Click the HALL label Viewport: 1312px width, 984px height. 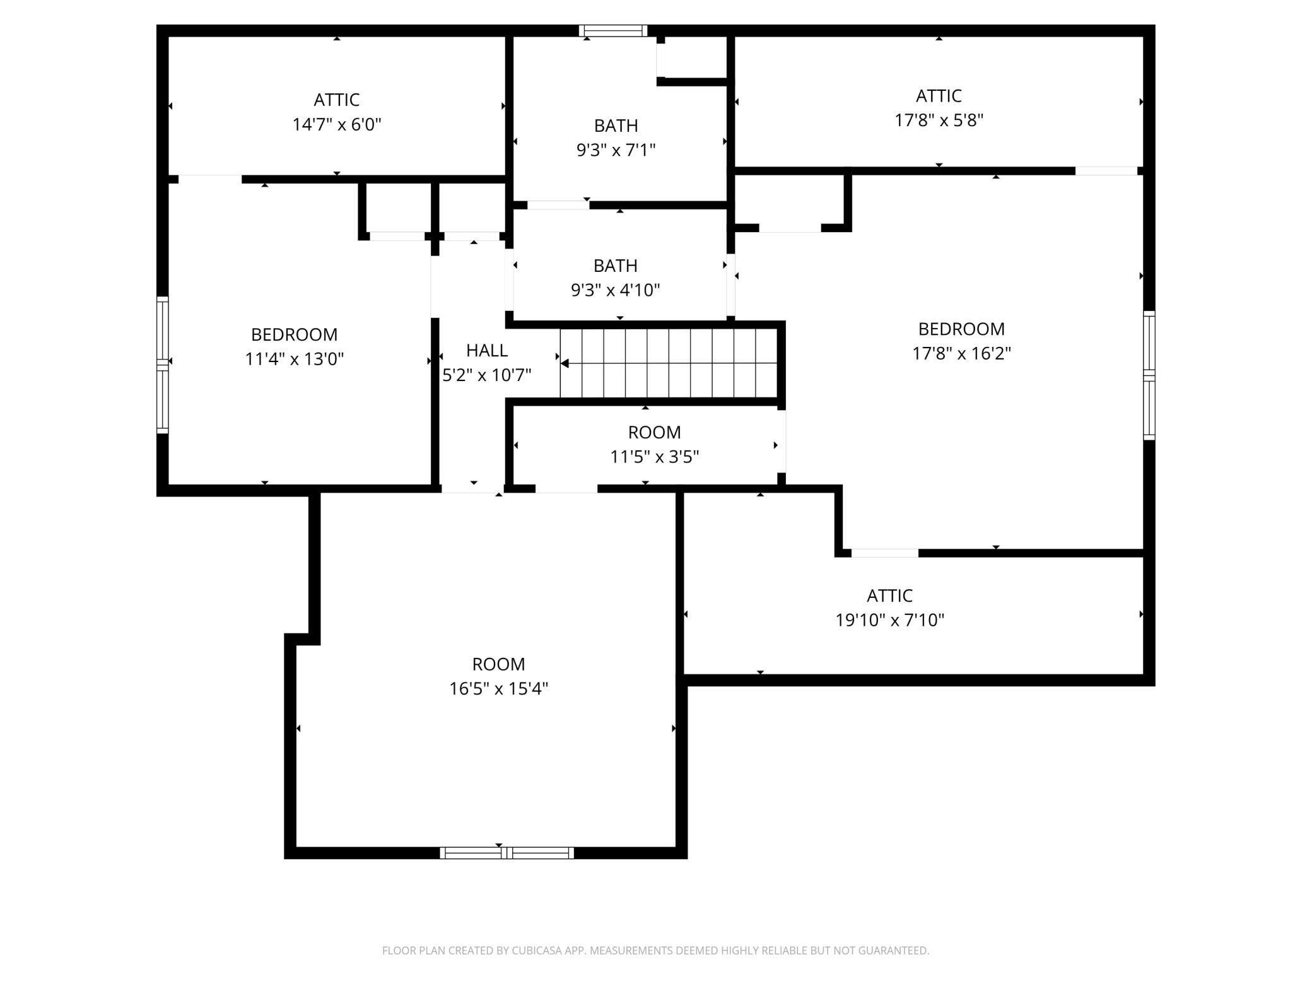point(486,350)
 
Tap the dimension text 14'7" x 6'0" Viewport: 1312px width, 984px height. point(337,124)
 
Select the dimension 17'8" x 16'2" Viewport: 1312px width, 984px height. point(961,353)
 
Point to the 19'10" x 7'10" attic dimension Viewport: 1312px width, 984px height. point(889,620)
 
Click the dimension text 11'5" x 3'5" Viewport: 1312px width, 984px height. point(654,456)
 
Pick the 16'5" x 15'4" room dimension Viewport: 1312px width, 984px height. point(498,688)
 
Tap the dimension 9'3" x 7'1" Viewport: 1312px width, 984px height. point(616,150)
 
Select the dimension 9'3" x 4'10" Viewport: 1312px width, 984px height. point(615,290)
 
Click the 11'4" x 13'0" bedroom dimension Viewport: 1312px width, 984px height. point(294,359)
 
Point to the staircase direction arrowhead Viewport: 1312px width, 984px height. point(565,363)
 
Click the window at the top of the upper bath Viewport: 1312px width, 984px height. point(613,30)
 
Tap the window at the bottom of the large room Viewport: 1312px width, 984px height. point(507,853)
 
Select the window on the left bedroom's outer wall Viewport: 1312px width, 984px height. point(163,365)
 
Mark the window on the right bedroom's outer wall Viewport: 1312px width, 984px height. point(1149,375)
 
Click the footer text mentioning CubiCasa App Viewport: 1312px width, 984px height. point(655,951)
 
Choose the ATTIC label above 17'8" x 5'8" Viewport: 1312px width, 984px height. point(939,96)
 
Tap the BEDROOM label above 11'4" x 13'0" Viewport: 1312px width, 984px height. point(294,334)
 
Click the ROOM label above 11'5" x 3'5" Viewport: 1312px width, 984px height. point(654,432)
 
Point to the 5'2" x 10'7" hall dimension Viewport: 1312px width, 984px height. point(486,375)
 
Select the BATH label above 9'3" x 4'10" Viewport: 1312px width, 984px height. point(615,266)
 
